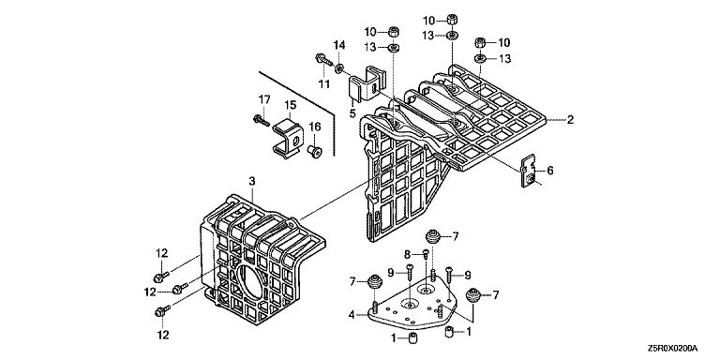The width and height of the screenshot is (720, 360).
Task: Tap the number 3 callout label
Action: pos(251,182)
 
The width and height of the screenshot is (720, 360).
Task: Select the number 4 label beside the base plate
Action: pos(352,315)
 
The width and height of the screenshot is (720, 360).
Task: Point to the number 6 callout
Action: pos(549,171)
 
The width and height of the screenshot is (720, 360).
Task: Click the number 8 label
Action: pos(407,253)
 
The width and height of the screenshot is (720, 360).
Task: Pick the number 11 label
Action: pos(324,84)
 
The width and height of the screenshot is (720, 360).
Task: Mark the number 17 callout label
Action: pos(263,98)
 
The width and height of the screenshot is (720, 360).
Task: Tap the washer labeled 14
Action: pos(338,68)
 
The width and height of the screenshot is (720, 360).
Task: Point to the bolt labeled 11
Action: pos(322,59)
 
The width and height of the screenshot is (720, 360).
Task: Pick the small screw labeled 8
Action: pos(426,252)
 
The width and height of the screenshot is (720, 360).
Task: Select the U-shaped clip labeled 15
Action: pos(288,137)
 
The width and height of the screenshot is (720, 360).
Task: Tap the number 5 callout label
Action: pos(352,112)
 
